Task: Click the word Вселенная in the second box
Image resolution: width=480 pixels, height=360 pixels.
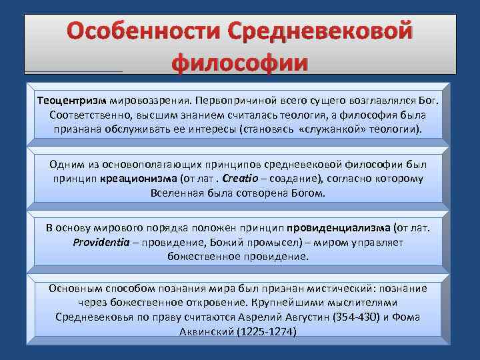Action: (175, 193)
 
